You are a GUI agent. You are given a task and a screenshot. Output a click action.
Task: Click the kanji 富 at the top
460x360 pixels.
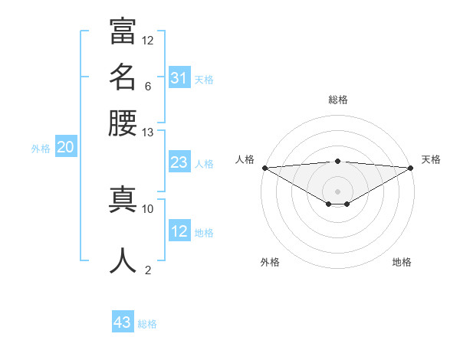(123, 31)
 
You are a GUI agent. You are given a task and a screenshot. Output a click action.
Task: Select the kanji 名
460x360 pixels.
(123, 77)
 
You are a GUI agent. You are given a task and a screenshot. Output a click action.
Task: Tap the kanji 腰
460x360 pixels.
(123, 122)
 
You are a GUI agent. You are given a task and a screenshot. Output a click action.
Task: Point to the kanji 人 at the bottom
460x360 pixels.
(123, 260)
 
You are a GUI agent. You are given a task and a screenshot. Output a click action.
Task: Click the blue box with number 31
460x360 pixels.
(179, 78)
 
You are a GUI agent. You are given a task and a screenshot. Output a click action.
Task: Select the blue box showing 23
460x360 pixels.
(179, 162)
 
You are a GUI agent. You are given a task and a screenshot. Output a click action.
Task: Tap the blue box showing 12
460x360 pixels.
(179, 231)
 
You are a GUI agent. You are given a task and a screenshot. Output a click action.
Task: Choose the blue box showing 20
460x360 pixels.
(65, 148)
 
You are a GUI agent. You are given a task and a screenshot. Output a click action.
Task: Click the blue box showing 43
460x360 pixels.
(123, 322)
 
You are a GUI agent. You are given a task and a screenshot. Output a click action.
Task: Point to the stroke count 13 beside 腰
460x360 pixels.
(148, 133)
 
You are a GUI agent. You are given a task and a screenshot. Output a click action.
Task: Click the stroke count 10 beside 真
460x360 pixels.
(148, 208)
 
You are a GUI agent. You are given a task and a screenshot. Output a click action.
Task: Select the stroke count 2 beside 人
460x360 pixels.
(148, 270)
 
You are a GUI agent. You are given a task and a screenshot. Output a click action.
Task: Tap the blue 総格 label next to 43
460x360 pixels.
(147, 324)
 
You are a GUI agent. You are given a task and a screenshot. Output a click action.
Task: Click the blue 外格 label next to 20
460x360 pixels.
(41, 149)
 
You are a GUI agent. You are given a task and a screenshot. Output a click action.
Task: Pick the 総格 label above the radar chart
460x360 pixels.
(338, 100)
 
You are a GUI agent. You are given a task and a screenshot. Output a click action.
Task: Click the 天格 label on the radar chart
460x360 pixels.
(431, 159)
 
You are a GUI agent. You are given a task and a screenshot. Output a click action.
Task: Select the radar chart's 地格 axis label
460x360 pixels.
(402, 262)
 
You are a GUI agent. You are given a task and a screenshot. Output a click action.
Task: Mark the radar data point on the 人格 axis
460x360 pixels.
(264, 167)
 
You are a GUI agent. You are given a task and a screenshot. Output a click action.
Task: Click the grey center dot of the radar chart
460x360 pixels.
(338, 191)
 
